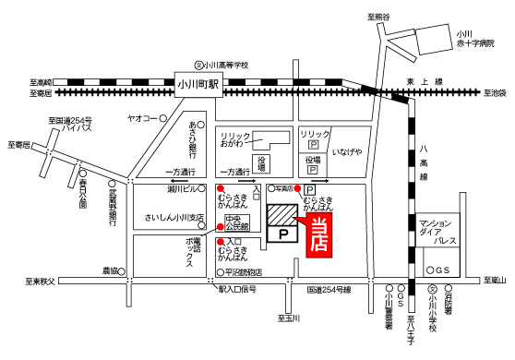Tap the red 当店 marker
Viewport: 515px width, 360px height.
[x=320, y=236]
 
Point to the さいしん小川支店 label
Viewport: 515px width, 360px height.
[x=174, y=219]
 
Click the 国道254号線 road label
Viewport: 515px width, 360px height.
[x=329, y=289]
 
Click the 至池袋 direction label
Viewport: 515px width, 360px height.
[x=497, y=92]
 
